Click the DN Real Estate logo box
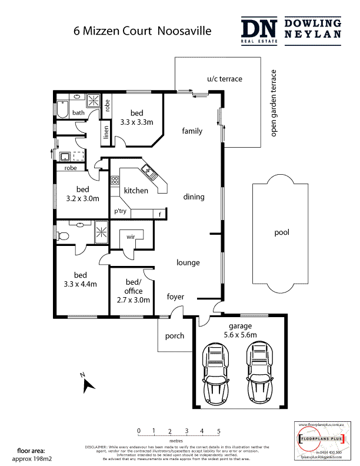click(259, 30)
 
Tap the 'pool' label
click(282, 233)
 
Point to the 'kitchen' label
click(135, 191)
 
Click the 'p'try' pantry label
click(121, 212)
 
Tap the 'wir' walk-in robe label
click(131, 238)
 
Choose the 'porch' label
click(175, 336)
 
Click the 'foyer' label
click(176, 297)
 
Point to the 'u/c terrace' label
click(224, 79)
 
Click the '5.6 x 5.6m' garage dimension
click(241, 335)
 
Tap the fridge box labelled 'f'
click(159, 214)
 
